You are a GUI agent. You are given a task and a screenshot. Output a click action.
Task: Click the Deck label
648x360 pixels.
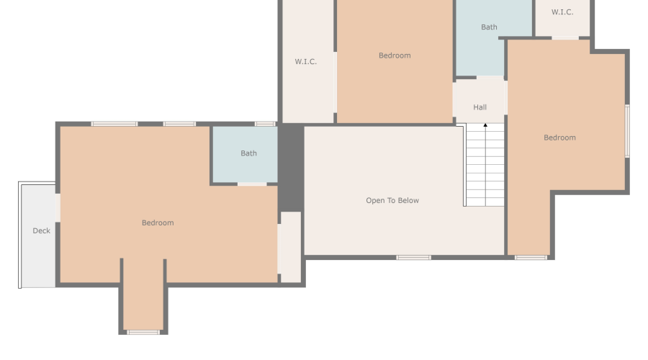point(41,230)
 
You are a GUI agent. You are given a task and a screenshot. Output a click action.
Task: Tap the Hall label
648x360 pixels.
point(480,107)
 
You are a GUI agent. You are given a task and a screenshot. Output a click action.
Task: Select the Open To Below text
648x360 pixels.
point(392,200)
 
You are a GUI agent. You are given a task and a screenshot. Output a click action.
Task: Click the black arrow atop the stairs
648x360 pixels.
point(485,125)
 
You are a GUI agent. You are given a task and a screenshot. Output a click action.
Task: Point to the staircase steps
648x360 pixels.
point(485,165)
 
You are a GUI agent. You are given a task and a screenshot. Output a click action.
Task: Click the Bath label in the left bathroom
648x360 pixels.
point(248,153)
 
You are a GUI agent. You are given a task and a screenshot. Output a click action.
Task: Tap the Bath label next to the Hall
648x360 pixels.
point(489,27)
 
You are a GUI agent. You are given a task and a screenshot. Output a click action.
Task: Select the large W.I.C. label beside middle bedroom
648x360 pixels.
point(306,62)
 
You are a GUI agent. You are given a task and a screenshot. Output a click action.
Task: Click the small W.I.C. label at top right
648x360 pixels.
point(562,12)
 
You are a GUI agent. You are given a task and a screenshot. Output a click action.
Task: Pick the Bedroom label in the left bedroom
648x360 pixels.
point(158,222)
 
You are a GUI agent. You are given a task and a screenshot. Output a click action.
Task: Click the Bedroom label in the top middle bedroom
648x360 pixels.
point(395,55)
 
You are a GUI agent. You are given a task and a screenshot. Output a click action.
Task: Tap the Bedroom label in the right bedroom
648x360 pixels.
point(559,138)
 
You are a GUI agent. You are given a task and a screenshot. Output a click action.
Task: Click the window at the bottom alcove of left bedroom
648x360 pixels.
point(143,333)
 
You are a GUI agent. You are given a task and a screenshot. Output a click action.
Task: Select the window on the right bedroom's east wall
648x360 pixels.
point(627,131)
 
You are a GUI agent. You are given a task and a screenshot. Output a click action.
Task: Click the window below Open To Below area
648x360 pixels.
point(413,258)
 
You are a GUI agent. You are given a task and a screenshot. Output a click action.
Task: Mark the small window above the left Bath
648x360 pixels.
point(265,124)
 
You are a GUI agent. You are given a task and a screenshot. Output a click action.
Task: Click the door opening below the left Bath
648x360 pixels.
point(252,184)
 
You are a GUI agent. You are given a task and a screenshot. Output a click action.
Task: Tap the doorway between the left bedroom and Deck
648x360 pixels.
point(58,207)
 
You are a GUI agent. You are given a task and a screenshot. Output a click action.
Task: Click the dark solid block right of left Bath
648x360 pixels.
point(291,167)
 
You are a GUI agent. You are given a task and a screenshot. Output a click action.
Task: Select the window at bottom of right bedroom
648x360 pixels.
point(531,258)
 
